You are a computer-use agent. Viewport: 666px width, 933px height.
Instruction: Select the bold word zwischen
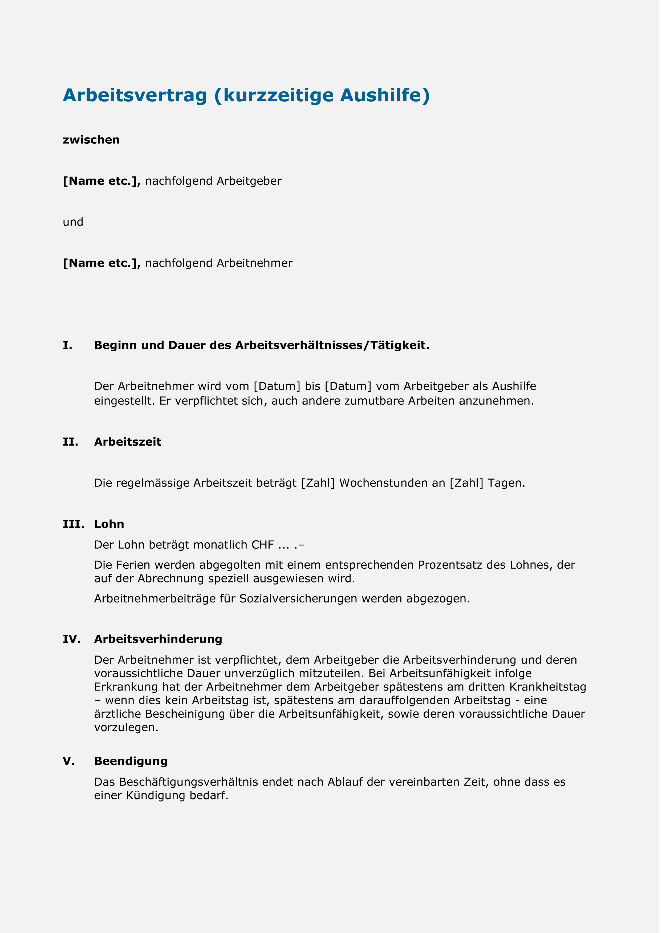pos(91,140)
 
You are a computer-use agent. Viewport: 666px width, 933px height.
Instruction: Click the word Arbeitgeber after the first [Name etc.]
pos(249,181)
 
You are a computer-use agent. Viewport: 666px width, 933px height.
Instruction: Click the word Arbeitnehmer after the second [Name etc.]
pos(254,263)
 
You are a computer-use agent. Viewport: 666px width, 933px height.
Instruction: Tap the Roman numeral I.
pos(67,345)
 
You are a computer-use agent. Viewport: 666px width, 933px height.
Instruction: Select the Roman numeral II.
pos(70,442)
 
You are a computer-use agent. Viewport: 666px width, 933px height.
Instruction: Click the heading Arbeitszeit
pos(128,442)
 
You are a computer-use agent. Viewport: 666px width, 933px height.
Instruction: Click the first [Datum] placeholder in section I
pos(277,387)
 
